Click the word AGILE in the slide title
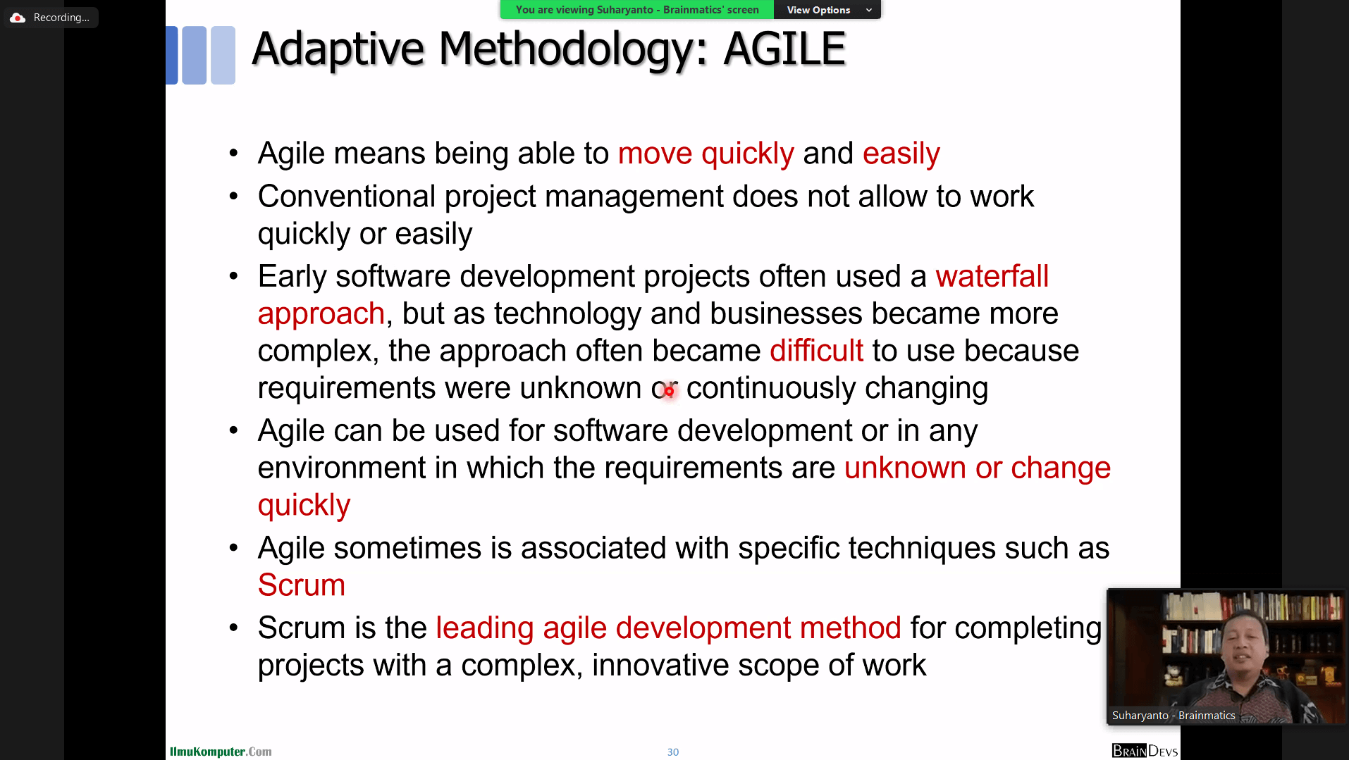pos(784,49)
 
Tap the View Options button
pos(827,10)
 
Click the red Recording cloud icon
pos(18,18)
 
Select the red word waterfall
pos(992,276)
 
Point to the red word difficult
pos(816,351)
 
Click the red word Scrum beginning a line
pos(301,585)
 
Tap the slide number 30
pos(673,752)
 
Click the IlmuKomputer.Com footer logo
pos(221,752)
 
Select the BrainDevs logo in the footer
pos(1145,751)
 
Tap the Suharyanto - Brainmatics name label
pos(1174,716)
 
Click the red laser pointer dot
pos(669,391)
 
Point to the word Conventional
pos(346,197)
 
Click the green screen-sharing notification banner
pos(637,10)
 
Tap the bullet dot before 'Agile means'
pos(234,154)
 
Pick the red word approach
pos(321,314)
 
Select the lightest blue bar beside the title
pos(223,55)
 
